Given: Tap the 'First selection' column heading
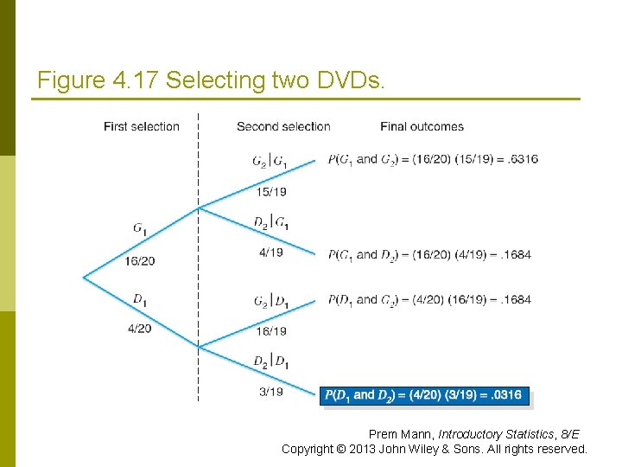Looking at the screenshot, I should [142, 126].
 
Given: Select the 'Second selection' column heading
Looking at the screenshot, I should [283, 126].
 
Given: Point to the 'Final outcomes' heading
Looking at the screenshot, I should [422, 126].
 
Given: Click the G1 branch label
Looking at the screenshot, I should [140, 228].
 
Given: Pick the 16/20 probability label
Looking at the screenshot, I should [140, 260].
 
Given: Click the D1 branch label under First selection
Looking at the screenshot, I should [138, 299].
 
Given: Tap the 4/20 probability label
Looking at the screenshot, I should [138, 329].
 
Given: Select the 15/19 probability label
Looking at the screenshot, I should [271, 191].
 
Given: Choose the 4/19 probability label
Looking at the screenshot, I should [271, 253].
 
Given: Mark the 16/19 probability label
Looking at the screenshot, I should [271, 330].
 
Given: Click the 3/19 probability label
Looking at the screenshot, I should [271, 392].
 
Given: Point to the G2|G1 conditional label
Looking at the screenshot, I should [271, 160].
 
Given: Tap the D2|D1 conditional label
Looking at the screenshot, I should [271, 361].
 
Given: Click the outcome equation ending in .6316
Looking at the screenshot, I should [433, 159].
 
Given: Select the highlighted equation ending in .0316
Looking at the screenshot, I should [422, 395].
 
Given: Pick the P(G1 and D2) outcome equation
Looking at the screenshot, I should [429, 254].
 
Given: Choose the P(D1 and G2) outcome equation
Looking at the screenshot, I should [429, 300].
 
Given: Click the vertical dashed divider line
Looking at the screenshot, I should [199, 259].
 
